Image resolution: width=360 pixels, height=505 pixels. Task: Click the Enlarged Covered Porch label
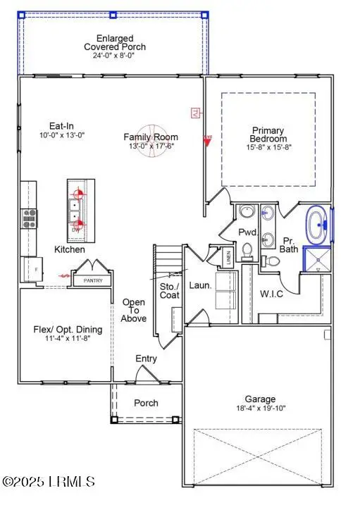pyautogui.click(x=114, y=42)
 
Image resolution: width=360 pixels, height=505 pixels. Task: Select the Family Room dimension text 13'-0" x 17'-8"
pyautogui.click(x=151, y=146)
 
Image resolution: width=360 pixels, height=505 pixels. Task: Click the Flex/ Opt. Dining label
pyautogui.click(x=68, y=329)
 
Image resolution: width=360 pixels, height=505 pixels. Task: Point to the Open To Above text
pyautogui.click(x=134, y=311)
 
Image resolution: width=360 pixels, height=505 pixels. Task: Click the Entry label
pyautogui.click(x=146, y=359)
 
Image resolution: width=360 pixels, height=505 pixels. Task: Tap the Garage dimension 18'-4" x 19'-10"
pyautogui.click(x=261, y=408)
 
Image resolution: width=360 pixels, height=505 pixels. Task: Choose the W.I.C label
pyautogui.click(x=271, y=294)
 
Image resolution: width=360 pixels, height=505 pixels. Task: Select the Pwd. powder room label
pyautogui.click(x=247, y=232)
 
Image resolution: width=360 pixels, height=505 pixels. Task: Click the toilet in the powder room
pyautogui.click(x=247, y=249)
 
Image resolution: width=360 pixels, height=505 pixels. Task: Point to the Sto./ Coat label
pyautogui.click(x=170, y=290)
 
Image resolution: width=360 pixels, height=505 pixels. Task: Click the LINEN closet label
pyautogui.click(x=228, y=258)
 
